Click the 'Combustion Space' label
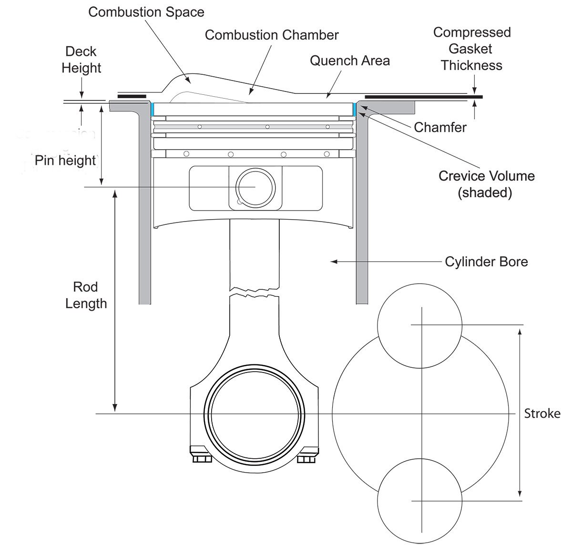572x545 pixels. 146,12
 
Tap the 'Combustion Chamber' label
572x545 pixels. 272,35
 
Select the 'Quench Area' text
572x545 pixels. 349,61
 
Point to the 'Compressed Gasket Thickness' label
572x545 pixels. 471,49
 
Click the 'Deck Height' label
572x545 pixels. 82,60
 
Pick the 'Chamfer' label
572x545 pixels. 439,127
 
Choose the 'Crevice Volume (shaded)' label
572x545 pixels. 486,184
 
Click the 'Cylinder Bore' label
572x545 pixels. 486,262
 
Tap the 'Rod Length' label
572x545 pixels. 86,295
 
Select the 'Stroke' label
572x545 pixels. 542,413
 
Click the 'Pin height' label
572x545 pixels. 65,161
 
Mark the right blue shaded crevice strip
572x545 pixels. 354,110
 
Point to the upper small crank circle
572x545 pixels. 419,326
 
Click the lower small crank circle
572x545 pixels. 419,500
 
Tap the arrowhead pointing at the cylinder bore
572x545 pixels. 334,262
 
